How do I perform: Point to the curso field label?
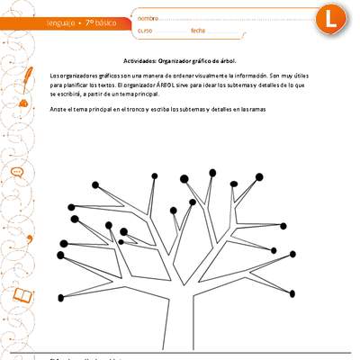click(x=145, y=31)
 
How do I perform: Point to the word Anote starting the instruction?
click(x=58, y=109)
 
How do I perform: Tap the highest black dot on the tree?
click(x=212, y=171)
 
